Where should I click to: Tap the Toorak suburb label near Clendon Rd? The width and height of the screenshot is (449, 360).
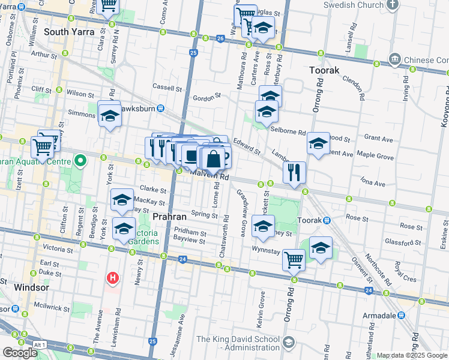(x=324, y=70)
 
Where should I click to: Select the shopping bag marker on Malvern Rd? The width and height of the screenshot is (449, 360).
(x=213, y=160)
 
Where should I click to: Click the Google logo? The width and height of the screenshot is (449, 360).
(x=20, y=352)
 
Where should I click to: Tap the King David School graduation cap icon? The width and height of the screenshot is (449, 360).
(x=289, y=342)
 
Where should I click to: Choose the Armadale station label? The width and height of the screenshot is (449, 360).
(x=381, y=316)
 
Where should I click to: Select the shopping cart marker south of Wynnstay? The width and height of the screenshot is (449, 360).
(x=294, y=260)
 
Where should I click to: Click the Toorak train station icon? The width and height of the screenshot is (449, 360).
(x=327, y=220)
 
